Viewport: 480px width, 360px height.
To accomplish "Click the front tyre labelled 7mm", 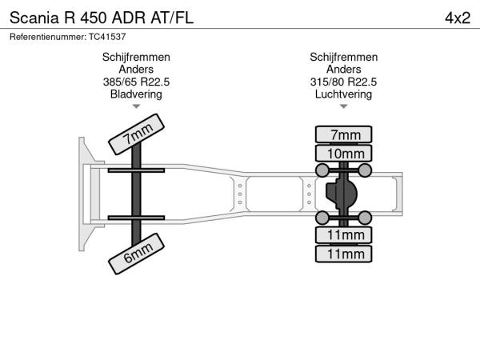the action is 136,134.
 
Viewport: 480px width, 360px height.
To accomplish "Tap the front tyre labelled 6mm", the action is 136,254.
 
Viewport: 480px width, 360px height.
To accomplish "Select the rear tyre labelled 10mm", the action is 343,154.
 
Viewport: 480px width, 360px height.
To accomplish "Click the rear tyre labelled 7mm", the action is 343,134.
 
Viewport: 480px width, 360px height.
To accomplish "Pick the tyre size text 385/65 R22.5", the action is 136,82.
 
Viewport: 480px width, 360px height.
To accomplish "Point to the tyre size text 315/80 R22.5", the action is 343,82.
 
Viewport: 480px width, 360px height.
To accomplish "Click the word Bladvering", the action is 136,94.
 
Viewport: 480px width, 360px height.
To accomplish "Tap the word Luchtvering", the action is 343,94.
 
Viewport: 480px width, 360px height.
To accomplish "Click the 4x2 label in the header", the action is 458,18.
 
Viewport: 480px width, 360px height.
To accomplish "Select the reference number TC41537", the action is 107,37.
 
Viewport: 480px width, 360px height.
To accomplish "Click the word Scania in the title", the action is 34,18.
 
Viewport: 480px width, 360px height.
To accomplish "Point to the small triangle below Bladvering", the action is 136,106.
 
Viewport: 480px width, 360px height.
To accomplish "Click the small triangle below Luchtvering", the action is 343,106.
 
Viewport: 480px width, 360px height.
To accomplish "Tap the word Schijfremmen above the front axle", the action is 136,58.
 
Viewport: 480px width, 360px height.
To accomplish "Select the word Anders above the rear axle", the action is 343,69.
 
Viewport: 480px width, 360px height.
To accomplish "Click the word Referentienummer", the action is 48,37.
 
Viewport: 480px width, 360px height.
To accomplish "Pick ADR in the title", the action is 129,18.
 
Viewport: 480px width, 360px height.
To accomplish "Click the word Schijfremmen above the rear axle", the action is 343,58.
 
